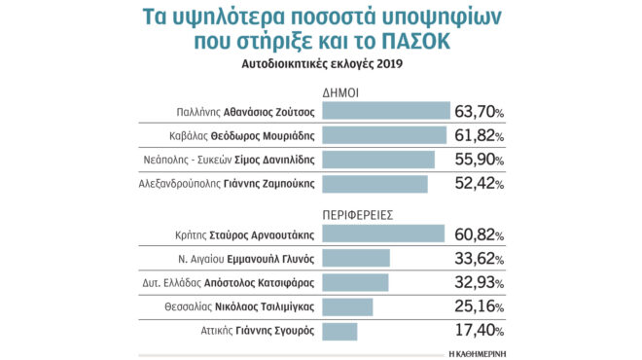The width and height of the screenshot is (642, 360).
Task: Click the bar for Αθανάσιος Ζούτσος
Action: point(384,112)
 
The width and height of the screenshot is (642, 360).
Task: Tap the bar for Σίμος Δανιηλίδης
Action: point(376,160)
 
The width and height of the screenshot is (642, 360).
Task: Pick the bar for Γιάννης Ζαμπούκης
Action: point(374,184)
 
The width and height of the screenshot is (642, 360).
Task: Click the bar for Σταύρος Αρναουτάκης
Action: point(381,234)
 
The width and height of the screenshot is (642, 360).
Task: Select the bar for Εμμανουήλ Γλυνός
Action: point(355,258)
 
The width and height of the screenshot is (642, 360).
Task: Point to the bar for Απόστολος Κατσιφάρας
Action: point(354,282)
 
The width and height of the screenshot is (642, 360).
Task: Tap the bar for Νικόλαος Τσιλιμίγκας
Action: point(346,306)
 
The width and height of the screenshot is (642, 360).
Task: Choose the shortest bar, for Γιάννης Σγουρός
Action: point(339,331)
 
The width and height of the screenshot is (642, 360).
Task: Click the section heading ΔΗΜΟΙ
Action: point(343,91)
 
